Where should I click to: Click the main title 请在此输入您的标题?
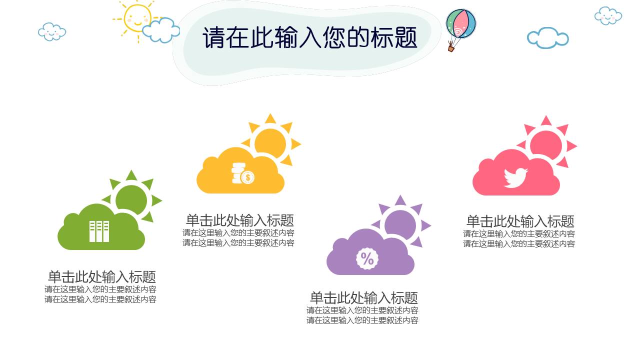[309, 38]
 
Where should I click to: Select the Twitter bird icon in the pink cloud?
[515, 177]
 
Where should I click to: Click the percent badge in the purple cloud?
[367, 258]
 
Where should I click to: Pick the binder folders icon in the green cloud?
[99, 231]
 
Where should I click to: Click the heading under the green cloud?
[101, 276]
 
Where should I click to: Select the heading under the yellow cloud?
[239, 220]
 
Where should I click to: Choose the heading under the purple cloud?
[363, 297]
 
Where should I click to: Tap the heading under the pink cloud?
[520, 221]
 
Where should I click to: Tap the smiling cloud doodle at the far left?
[52, 31]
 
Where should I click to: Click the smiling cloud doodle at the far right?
[608, 15]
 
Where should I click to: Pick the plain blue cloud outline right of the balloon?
[547, 38]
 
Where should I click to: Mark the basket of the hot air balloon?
[451, 48]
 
